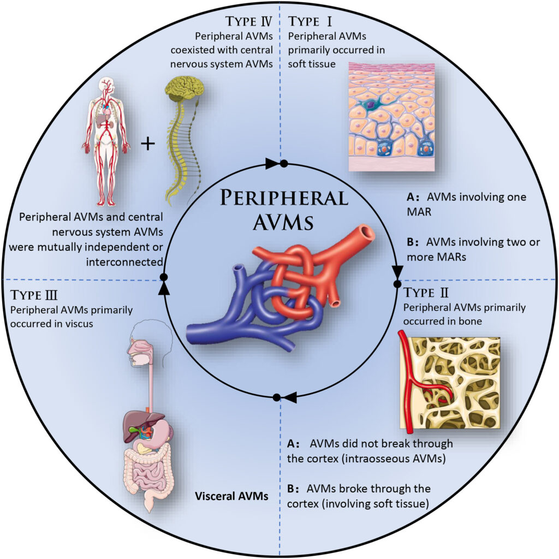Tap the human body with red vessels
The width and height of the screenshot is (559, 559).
(105, 139)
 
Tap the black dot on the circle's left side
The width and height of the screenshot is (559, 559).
(162, 277)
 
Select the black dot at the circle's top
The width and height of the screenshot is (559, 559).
(283, 163)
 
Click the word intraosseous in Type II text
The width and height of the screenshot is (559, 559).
(379, 457)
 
